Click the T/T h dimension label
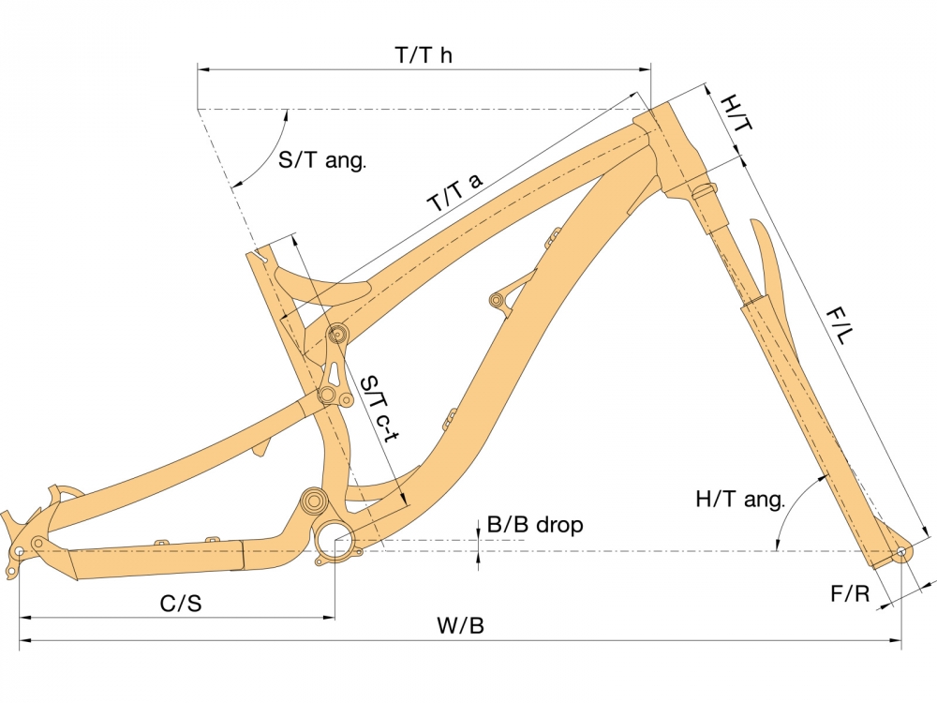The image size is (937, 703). tap(424, 55)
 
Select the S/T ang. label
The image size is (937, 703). tap(322, 160)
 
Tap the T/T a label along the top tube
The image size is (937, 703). tap(455, 192)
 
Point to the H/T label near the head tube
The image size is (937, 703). tap(736, 113)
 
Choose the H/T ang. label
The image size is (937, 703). tap(740, 499)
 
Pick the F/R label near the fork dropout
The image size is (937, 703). tap(851, 593)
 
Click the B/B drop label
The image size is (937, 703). tap(535, 524)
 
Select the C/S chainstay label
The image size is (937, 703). tap(181, 603)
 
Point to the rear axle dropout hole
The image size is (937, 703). tap(19, 549)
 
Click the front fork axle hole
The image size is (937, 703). tap(900, 552)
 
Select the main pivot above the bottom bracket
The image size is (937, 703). tap(314, 500)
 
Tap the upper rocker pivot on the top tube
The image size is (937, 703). tap(337, 334)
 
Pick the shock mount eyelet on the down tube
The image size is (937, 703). tap(496, 299)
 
